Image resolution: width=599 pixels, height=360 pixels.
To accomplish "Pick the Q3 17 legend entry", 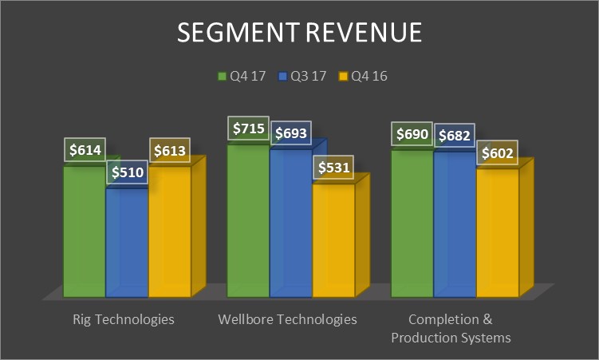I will pos(303,77).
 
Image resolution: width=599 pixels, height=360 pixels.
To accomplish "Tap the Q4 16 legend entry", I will pos(363,77).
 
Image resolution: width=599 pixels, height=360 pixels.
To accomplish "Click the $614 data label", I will pos(85,150).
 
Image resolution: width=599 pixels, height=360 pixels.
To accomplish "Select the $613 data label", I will pos(169,150).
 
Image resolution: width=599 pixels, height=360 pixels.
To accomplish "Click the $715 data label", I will pos(249,129).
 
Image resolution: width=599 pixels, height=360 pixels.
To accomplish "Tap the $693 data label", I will pos(291,134).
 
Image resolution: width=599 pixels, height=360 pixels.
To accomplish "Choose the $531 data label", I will pos(333,168).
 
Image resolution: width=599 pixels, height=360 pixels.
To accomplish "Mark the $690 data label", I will pos(412,134).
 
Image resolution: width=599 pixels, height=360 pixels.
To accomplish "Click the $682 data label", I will pos(455,136).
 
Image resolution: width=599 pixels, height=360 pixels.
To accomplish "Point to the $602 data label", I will pos(497,153).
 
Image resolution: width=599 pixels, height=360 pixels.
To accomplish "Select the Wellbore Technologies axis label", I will pos(287,319).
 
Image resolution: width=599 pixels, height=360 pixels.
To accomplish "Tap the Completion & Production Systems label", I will pos(450,328).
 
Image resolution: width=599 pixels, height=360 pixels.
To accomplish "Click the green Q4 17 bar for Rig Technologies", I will pos(84,231).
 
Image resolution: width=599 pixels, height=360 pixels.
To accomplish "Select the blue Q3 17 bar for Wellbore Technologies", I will pos(290,224).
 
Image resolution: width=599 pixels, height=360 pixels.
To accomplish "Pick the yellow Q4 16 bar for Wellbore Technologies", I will pos(333,239).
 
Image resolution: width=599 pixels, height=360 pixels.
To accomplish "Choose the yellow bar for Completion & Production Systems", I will pos(497,231).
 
